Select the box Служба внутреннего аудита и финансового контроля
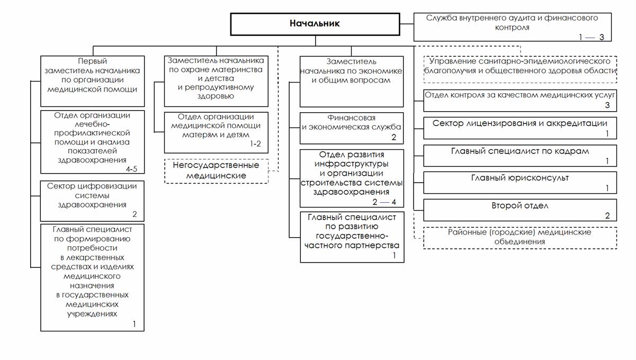512,27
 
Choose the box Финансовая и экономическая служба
352,128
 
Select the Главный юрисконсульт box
520,182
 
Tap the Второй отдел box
520,210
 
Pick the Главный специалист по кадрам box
520,155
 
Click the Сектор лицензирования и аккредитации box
520,128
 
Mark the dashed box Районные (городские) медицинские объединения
520,238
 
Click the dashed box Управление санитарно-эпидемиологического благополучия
520,69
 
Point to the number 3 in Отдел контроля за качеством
607,105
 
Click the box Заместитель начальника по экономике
352,81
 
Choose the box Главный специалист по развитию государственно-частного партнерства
352,237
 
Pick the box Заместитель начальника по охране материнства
216,80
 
